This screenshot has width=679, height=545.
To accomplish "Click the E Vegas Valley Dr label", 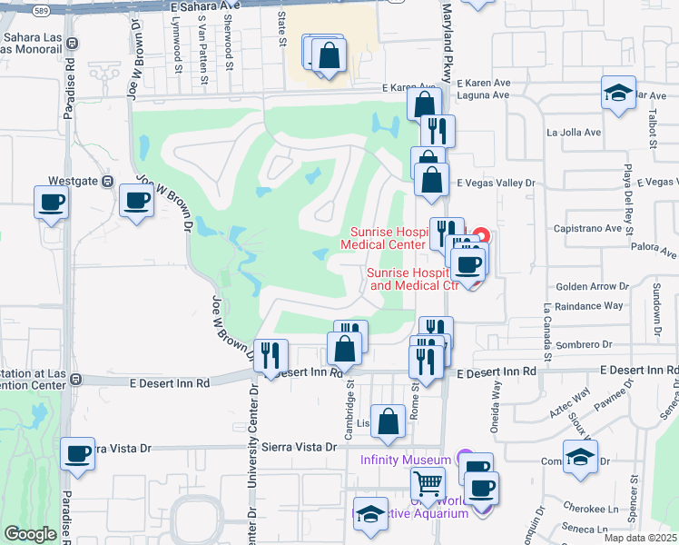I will [x=497, y=183].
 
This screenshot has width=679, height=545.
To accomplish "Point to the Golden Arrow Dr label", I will [x=586, y=285].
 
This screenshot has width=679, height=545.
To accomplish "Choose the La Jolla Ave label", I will [x=574, y=132].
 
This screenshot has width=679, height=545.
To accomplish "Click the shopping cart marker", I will [x=428, y=485].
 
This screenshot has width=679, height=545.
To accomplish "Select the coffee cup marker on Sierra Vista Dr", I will [x=78, y=454].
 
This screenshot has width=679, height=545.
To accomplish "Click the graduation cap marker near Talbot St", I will [x=619, y=93].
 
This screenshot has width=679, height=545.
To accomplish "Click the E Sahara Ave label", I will [x=198, y=5].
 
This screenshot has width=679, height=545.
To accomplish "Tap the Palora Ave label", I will [x=656, y=252].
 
